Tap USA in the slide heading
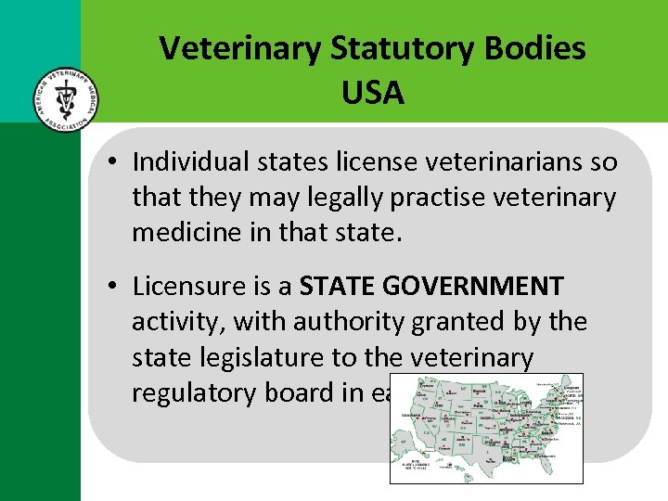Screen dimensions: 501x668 tap(373, 92)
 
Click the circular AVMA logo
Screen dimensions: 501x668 tap(62, 97)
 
